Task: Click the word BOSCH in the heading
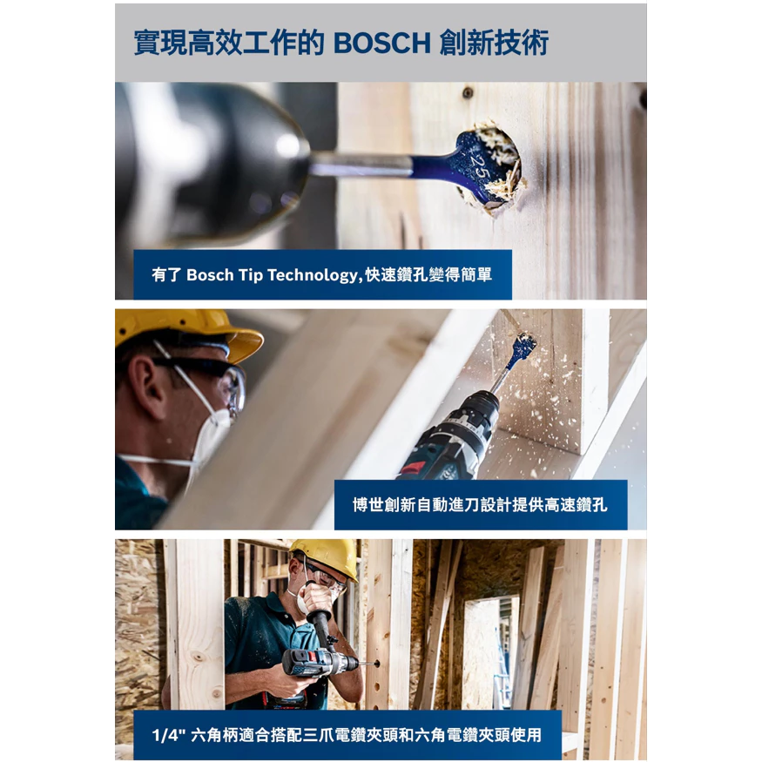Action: [382, 43]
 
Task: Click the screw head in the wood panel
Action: [468, 92]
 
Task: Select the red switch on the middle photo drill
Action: [412, 469]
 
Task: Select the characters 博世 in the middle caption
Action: [368, 505]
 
